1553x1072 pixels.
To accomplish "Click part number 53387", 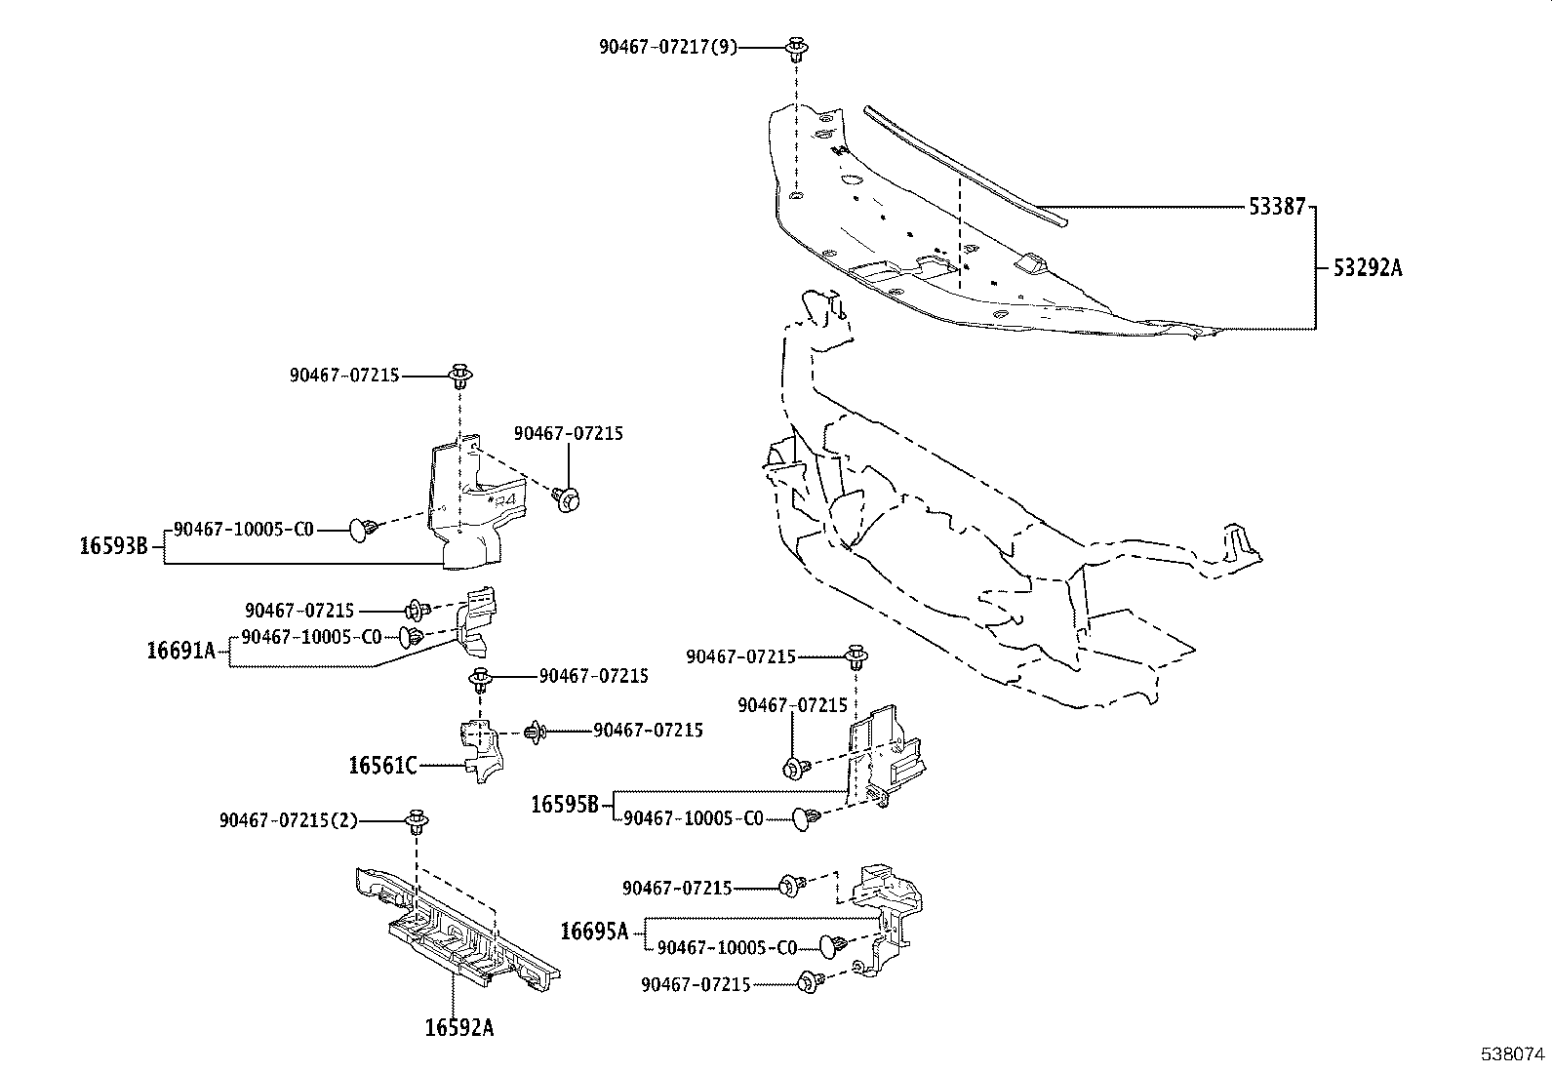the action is coord(1277,207).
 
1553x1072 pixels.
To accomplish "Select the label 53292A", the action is coord(1368,267).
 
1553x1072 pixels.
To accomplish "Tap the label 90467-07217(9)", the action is coord(668,47).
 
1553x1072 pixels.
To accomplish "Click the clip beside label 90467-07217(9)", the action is coord(796,49).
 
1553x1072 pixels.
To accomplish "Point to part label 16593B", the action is coord(114,546).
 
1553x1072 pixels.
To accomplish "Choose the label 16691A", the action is coord(180,652).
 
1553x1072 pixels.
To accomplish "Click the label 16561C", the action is coord(382,766).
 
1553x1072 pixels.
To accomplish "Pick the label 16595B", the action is coord(565,805).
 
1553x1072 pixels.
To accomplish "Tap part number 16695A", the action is coord(594,932).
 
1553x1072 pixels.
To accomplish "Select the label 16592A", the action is coord(459,1027).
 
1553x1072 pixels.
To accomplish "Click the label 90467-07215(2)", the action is coord(289,821).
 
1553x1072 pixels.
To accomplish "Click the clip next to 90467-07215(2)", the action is coord(416,822).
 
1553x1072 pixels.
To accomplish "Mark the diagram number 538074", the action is coord(1513,1054).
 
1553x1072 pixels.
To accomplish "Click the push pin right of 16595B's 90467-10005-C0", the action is coord(807,819).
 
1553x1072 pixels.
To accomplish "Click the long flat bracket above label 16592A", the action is coord(458,928).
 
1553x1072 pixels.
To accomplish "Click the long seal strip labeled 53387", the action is coord(966,166).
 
